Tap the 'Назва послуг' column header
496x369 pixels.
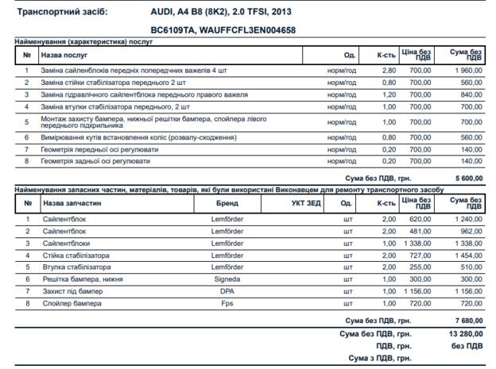[x=65, y=55]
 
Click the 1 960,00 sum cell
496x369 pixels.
[x=464, y=70]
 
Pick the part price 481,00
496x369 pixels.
[x=419, y=231]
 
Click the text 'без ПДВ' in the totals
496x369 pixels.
[x=467, y=346]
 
